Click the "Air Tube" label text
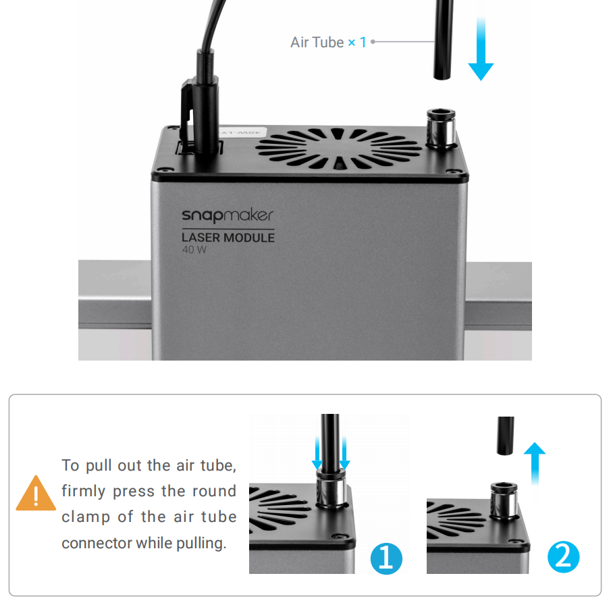pos(317,42)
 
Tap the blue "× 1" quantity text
pos(357,42)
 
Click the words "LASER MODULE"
pos(228,238)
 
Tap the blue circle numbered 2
pos(564,558)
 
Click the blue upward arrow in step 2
pos(535,463)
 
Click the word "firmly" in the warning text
pos(84,491)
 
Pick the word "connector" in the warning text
pos(96,543)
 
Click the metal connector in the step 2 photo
pos(503,496)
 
